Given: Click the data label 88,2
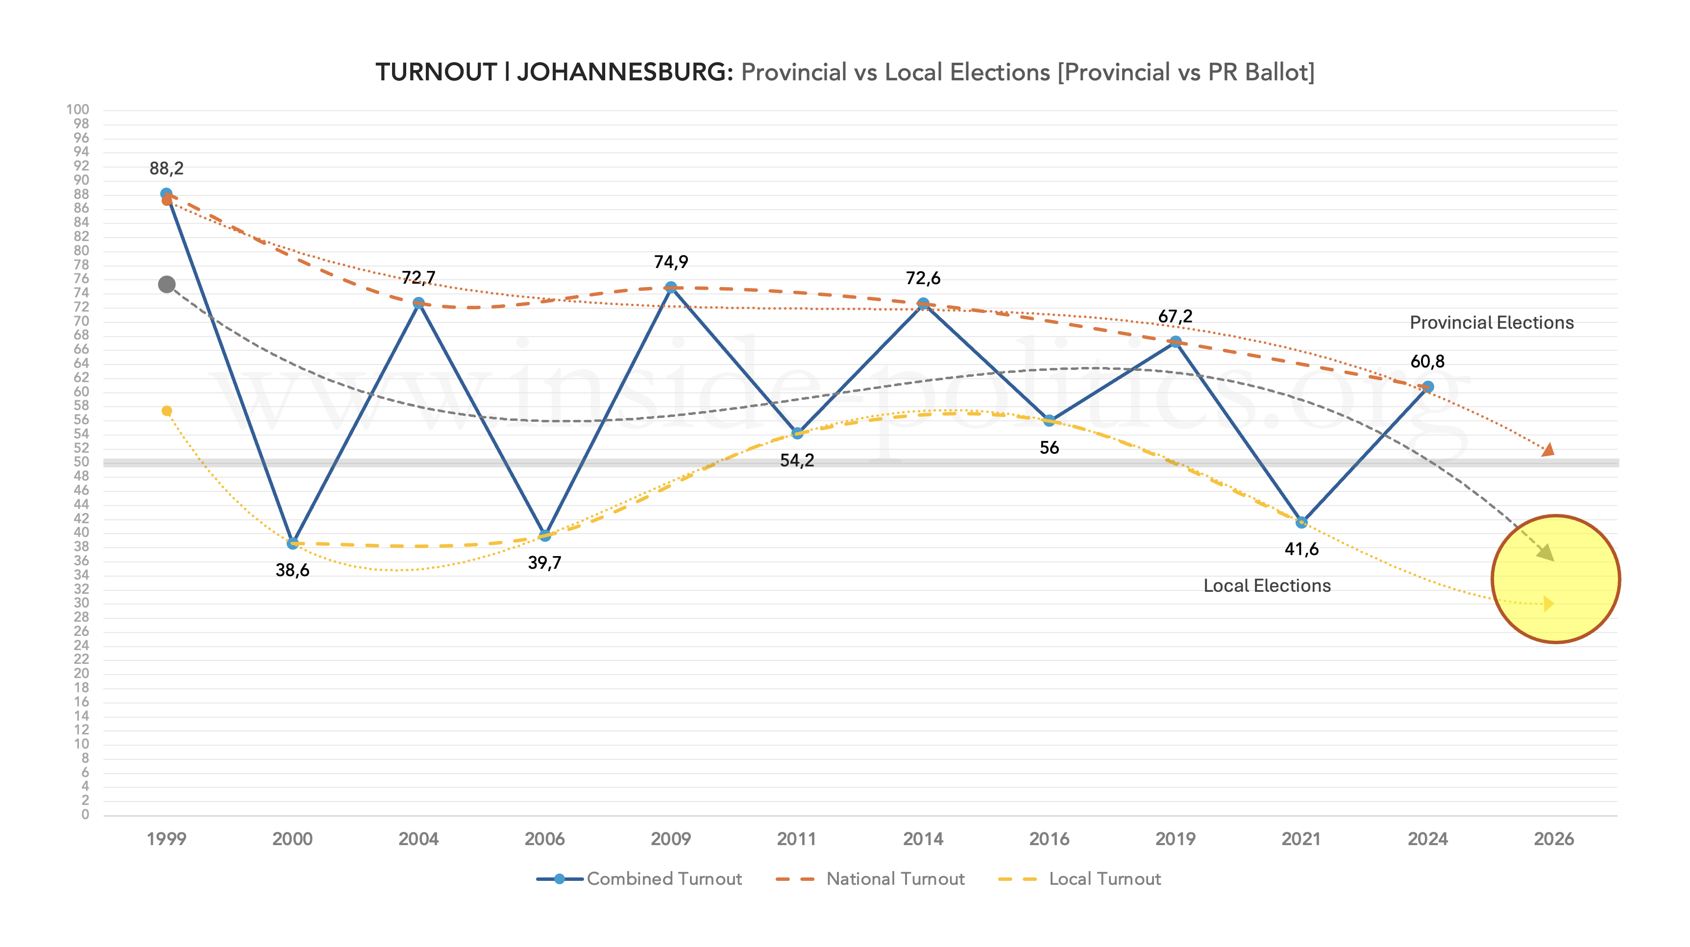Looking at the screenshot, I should pyautogui.click(x=167, y=169).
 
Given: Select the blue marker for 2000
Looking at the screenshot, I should pyautogui.click(x=293, y=543).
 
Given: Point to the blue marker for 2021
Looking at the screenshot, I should pyautogui.click(x=1301, y=522).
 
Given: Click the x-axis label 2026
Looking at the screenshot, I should pyautogui.click(x=1554, y=839).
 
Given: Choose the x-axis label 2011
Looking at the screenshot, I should pyautogui.click(x=796, y=839).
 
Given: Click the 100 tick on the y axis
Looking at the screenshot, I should pyautogui.click(x=77, y=110).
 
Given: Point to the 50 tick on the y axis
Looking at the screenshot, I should pyautogui.click(x=81, y=461).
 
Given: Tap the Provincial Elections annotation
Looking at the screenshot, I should pyautogui.click(x=1491, y=323).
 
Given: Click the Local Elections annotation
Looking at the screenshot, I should pyautogui.click(x=1267, y=585).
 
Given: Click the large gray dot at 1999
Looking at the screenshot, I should pyautogui.click(x=167, y=285).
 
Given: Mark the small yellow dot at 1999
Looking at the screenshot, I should pyautogui.click(x=167, y=411).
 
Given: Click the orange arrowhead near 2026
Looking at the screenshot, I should pyautogui.click(x=1548, y=450).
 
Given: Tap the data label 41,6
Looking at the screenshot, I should pyautogui.click(x=1301, y=549).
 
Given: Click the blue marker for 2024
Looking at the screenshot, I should pyautogui.click(x=1427, y=387).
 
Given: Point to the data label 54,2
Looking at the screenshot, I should pyautogui.click(x=796, y=461).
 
